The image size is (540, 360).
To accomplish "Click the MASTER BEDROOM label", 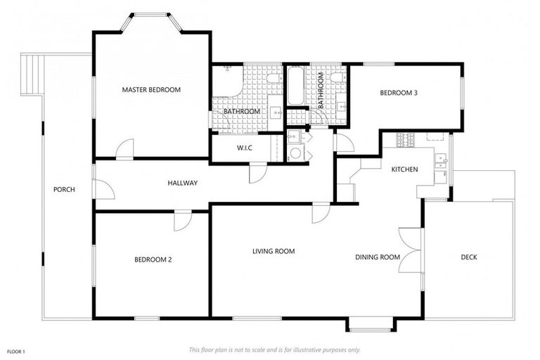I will (151, 90).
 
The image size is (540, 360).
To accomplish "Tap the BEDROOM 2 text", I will (153, 259).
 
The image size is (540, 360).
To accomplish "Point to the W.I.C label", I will (244, 148).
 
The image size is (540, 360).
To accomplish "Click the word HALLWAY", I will (182, 183).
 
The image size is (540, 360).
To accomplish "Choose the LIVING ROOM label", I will (274, 251).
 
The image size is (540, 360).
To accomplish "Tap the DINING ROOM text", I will (377, 257).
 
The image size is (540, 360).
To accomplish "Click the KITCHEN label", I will (404, 169).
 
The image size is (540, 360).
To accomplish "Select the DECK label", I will (469, 257).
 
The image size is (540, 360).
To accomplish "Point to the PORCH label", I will (64, 189).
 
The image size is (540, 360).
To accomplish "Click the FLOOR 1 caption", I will (16, 351).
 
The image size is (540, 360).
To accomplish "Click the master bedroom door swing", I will (125, 149).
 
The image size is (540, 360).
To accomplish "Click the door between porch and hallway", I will (102, 188).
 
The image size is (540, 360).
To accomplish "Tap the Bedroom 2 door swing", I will (182, 219).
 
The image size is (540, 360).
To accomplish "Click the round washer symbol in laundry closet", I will (296, 153).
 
